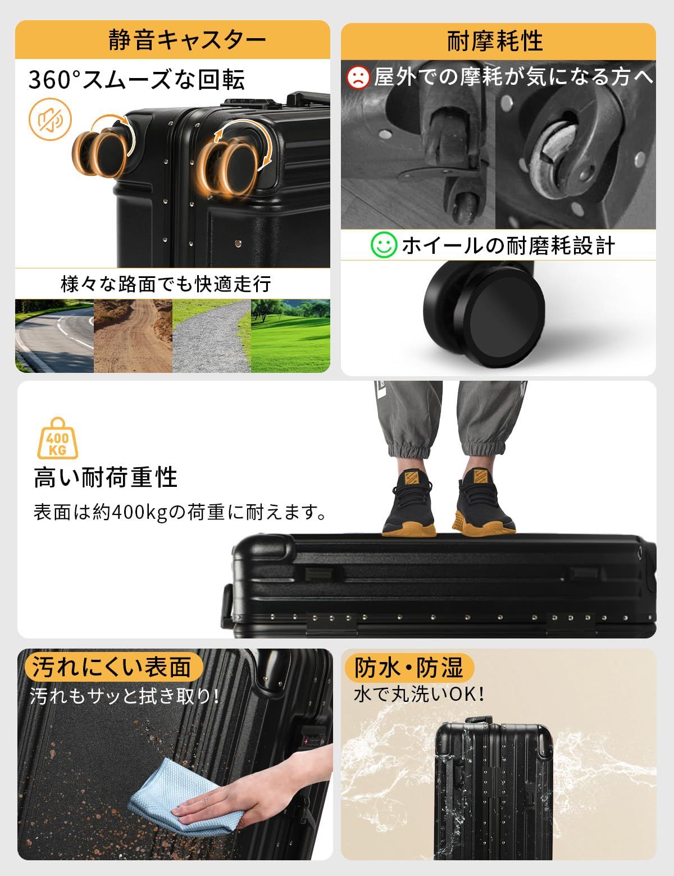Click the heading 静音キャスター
tap(187, 40)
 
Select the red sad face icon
tap(358, 76)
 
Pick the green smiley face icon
tap(382, 245)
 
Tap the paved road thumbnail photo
tap(54, 336)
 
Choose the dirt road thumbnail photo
tap(133, 336)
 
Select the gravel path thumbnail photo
tap(211, 336)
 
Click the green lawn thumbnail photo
tap(290, 336)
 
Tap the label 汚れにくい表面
tap(112, 667)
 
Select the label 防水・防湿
tap(409, 667)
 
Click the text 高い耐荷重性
tap(106, 478)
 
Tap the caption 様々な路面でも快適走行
tap(166, 284)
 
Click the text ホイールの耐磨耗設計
tap(508, 246)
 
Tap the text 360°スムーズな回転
tap(137, 80)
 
